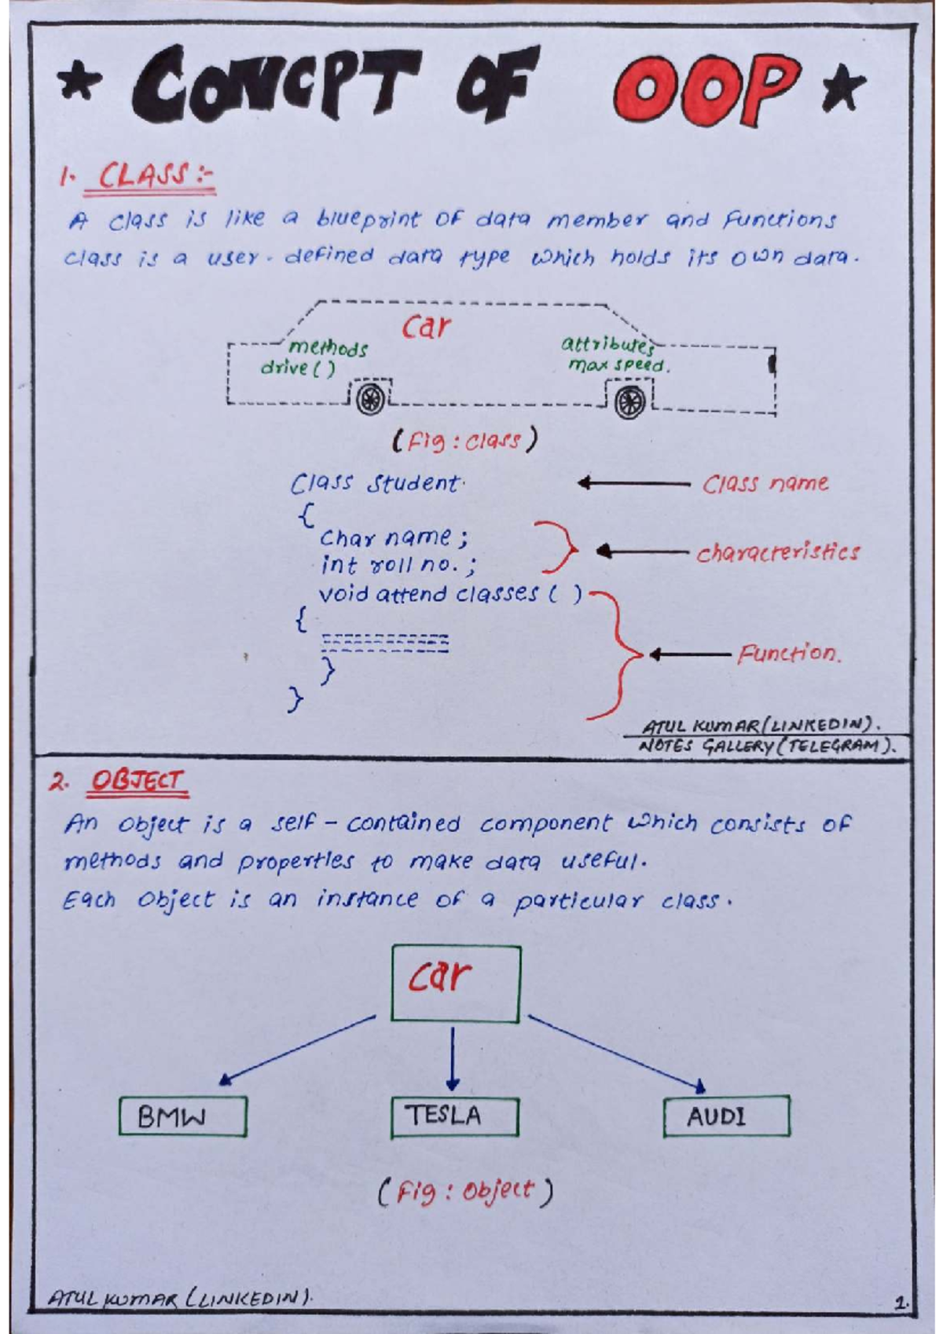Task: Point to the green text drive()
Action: click(298, 367)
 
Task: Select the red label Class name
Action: click(765, 483)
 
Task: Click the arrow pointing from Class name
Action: click(633, 483)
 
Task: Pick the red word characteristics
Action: click(777, 552)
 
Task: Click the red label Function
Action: click(788, 653)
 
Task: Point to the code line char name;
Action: click(393, 538)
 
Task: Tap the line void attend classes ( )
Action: click(449, 593)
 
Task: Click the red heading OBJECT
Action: click(138, 781)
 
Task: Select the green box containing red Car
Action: click(456, 983)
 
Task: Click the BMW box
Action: click(182, 1116)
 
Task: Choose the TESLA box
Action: click(454, 1116)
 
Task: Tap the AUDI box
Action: click(726, 1116)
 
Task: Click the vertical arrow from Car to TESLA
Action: click(452, 1058)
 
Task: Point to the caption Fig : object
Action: click(465, 1192)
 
